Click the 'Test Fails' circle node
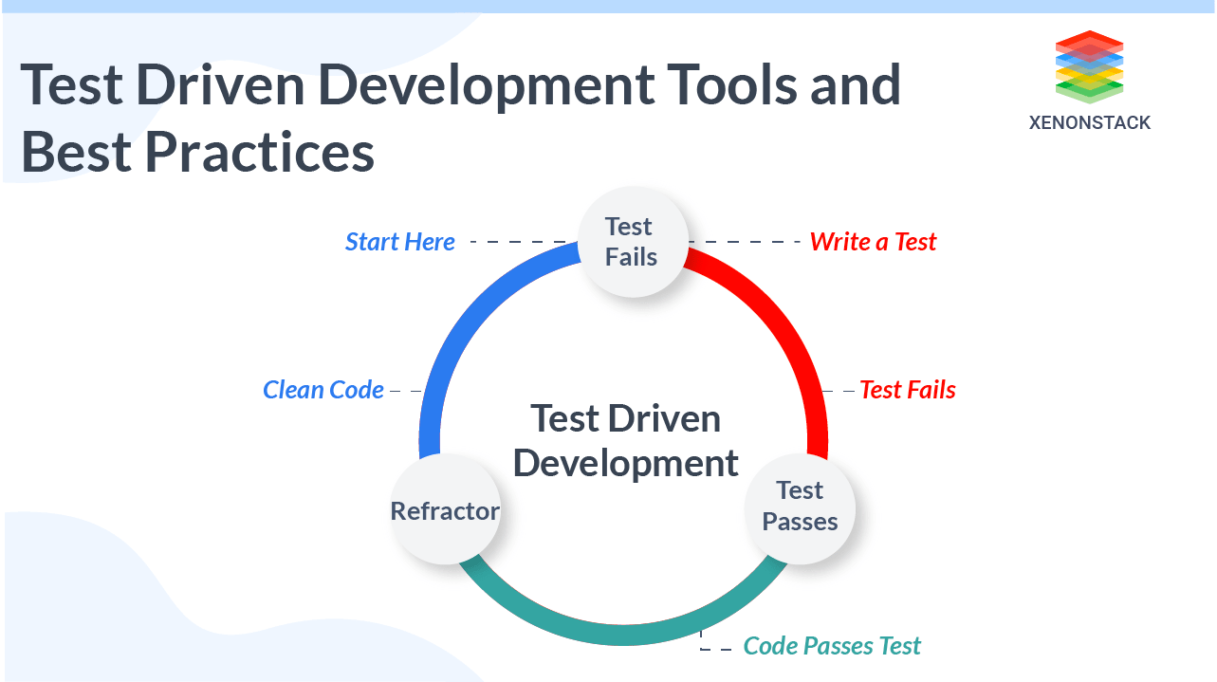click(x=633, y=242)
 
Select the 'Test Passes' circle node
click(x=800, y=508)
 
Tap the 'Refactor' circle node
click(x=446, y=508)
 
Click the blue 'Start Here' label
click(x=400, y=242)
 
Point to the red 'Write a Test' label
click(x=873, y=242)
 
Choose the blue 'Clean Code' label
click(x=323, y=390)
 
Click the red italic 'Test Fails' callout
click(x=908, y=390)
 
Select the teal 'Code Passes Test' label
click(x=832, y=646)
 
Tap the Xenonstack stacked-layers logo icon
click(x=1089, y=66)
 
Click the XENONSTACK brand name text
click(x=1089, y=122)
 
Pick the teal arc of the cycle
click(x=623, y=635)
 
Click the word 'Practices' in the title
click(x=260, y=152)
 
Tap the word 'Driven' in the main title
click(x=220, y=84)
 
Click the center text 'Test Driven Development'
click(x=625, y=441)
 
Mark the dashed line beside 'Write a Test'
click(x=745, y=242)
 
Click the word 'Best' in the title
click(x=76, y=152)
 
